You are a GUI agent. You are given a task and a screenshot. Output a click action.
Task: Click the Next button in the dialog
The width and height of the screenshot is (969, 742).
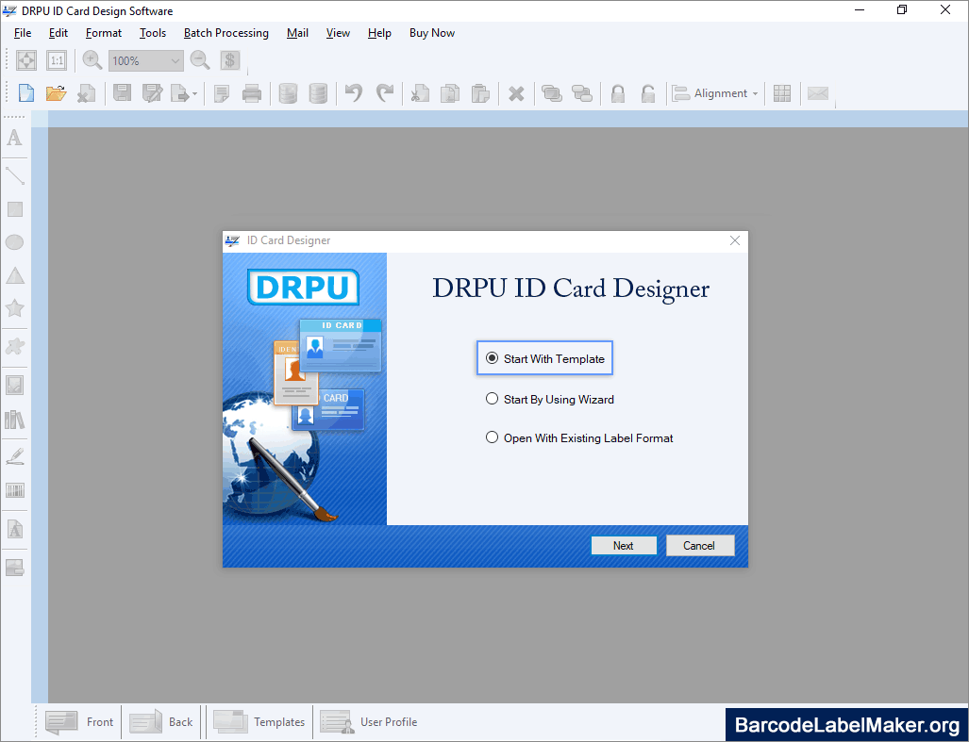[624, 546]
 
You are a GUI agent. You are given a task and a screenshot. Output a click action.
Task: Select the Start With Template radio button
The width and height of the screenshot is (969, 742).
[492, 358]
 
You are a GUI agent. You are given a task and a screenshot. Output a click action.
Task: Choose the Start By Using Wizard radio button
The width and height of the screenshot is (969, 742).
[492, 399]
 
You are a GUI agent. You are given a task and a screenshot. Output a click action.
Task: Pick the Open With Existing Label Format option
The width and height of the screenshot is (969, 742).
[492, 437]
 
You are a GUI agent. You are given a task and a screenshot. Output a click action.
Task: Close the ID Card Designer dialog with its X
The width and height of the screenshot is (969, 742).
[735, 240]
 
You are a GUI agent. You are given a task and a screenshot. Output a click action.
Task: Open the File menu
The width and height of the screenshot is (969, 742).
[23, 33]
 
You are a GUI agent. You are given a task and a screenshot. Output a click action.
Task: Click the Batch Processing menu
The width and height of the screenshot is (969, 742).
[226, 33]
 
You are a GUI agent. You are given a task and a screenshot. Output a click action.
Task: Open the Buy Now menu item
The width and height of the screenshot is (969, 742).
[432, 33]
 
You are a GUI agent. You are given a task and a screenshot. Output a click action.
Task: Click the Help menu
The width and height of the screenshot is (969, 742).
[379, 33]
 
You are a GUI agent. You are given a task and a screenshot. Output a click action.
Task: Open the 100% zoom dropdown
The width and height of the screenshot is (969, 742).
[146, 60]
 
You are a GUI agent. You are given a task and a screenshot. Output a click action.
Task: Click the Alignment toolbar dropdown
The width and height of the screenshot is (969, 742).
[715, 93]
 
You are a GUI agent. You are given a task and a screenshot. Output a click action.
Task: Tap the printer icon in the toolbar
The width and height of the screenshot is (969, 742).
[252, 93]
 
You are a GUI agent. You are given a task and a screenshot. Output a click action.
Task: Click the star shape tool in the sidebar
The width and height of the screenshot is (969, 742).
[15, 308]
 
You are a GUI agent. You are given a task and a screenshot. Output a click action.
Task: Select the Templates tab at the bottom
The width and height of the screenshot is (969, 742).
[259, 721]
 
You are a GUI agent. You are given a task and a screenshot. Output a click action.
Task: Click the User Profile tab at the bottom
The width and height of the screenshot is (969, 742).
[369, 721]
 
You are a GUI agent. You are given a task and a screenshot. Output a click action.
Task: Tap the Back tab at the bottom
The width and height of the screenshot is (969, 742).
[161, 721]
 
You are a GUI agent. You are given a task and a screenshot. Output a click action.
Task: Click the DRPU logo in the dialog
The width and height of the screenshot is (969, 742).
[303, 287]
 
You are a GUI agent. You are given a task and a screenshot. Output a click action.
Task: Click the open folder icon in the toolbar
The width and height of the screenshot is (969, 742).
[56, 93]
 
